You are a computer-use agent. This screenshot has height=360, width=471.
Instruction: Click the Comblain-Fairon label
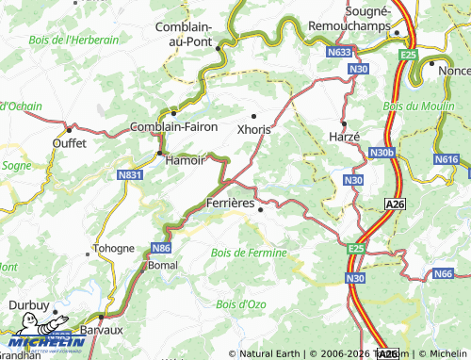pos(173,126)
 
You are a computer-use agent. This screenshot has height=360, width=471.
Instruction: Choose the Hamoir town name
pos(185,161)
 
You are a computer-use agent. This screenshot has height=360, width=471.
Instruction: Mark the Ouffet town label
pos(70,143)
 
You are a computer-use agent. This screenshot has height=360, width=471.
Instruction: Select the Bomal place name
pos(163,266)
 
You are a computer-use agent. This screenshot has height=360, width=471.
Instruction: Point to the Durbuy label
pos(28,304)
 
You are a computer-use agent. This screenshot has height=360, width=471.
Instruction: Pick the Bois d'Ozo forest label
pos(240,303)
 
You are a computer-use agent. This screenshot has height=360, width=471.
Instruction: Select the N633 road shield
pos(340,53)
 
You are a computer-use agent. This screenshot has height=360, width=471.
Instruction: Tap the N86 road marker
pos(160,248)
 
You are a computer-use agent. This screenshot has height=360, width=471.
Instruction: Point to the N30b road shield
pos(381,153)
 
